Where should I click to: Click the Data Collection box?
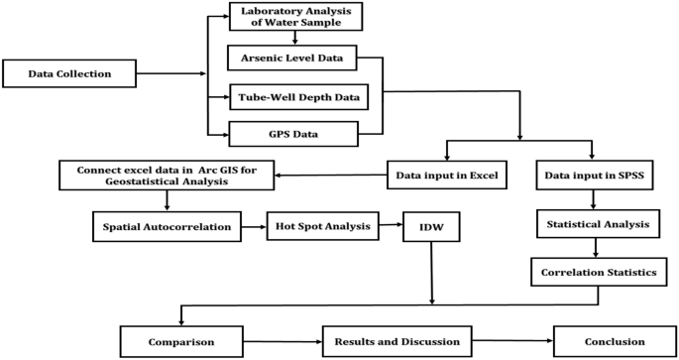(x=68, y=72)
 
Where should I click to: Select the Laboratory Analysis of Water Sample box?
(x=295, y=17)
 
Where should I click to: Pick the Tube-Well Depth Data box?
(x=298, y=97)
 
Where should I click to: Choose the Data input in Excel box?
(x=447, y=178)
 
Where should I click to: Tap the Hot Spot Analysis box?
(x=323, y=227)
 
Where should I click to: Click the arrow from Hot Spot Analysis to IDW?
(x=391, y=227)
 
